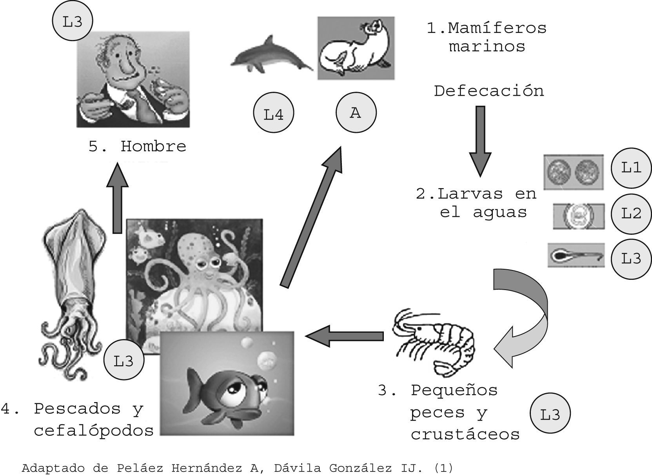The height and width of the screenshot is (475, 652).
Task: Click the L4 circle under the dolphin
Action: pos(274,114)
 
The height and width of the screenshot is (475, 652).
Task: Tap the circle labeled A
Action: pos(356,112)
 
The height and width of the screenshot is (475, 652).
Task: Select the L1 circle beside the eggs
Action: pos(631,168)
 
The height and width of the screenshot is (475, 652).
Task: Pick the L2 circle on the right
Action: pos(631,214)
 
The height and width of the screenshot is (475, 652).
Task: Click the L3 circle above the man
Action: pos(73,22)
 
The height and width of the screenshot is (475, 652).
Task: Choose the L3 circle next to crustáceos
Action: pos(550,414)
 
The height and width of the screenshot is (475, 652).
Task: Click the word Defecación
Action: pos(489,91)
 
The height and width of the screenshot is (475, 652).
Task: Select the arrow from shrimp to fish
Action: pos(344,336)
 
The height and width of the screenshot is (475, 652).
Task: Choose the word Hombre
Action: pos(153,147)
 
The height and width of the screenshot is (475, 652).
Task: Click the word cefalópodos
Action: pos(94,431)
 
